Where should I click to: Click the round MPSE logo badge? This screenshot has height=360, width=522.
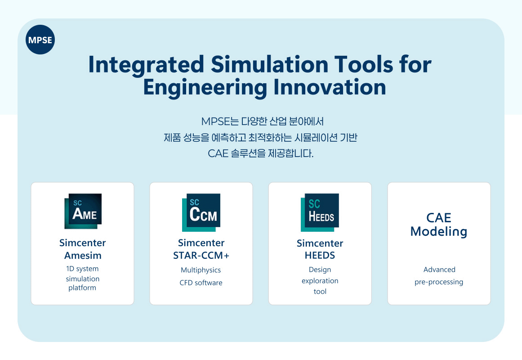tap(40, 40)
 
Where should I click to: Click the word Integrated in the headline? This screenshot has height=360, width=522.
tap(146, 65)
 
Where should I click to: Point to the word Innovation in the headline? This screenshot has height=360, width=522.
tap(330, 87)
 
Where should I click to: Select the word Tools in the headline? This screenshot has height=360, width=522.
tap(364, 64)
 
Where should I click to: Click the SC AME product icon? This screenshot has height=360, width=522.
tap(83, 211)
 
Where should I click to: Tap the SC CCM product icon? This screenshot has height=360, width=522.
tap(201, 212)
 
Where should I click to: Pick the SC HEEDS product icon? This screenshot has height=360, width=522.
tap(320, 212)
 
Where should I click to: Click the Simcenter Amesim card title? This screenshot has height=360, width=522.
tap(83, 249)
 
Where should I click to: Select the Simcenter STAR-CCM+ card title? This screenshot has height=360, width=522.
tap(201, 249)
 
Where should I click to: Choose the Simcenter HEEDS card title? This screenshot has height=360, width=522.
tap(320, 249)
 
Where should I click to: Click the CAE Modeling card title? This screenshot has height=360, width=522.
tap(439, 225)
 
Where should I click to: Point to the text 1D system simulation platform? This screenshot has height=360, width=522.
tap(83, 279)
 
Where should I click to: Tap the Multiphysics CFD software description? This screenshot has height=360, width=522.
tap(201, 276)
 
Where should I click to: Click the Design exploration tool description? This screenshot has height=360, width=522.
tap(320, 280)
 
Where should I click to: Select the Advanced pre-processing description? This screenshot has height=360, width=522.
tap(439, 276)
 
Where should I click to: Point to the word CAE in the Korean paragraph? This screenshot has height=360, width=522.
tap(218, 153)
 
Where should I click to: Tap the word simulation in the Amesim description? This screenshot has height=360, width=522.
tap(83, 279)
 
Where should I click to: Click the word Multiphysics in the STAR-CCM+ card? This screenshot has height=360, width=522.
tap(201, 270)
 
